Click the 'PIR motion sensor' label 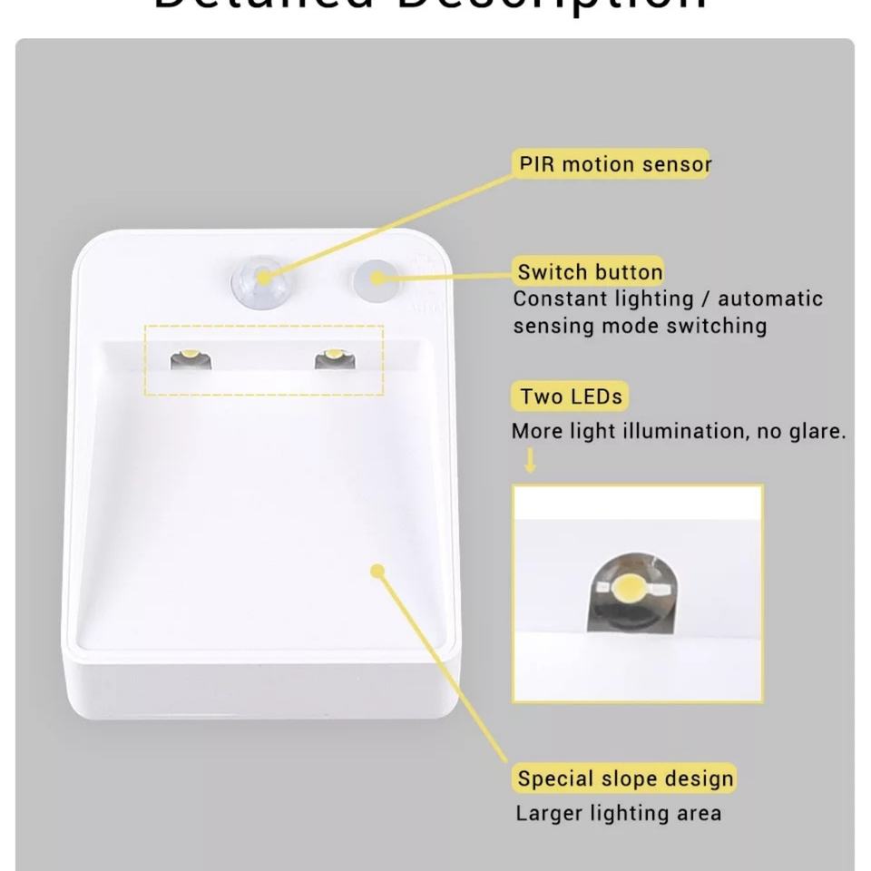point(613,164)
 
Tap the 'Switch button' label point(590,271)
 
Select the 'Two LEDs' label point(571,396)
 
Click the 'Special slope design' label point(624,778)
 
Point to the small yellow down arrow point(531,463)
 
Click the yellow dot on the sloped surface point(378,570)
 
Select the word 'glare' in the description point(816,432)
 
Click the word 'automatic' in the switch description point(770,298)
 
